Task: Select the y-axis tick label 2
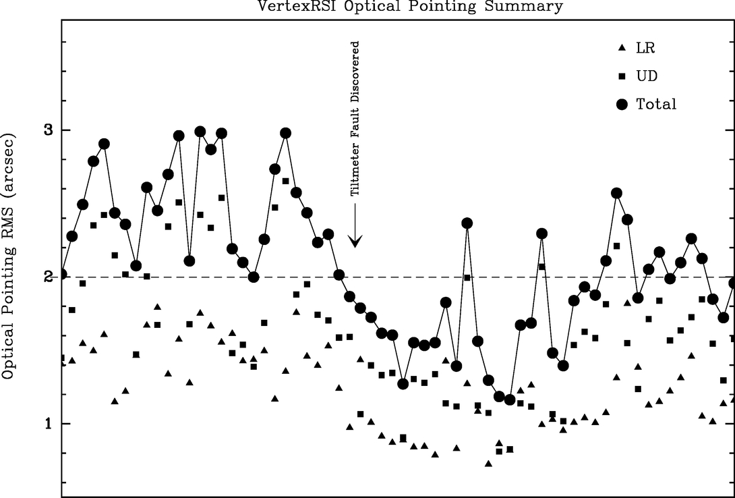click(48, 277)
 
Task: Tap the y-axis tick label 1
click(48, 424)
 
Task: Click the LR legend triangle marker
click(621, 48)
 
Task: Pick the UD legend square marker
click(621, 76)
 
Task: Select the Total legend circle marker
click(622, 104)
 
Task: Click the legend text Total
click(656, 105)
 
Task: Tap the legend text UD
click(647, 76)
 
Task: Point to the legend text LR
click(645, 48)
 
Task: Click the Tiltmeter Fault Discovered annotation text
click(355, 118)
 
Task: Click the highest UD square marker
click(285, 181)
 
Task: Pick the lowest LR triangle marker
click(488, 463)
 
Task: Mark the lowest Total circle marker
click(510, 399)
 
